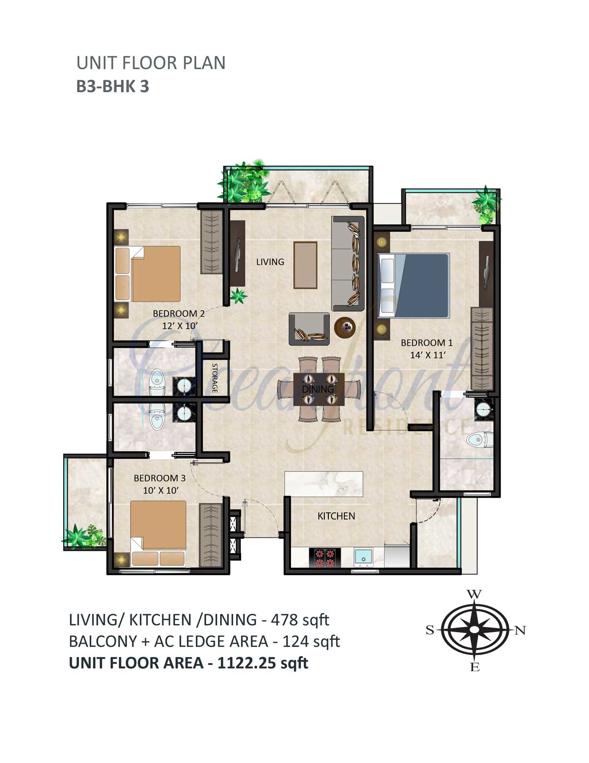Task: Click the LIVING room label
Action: [270, 262]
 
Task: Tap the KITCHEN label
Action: [336, 516]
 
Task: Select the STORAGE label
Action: [214, 378]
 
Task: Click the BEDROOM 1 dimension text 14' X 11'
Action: [428, 355]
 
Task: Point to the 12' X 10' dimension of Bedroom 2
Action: [179, 325]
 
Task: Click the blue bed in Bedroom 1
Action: [414, 286]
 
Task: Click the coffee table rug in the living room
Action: [305, 265]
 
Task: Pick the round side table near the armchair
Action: [345, 328]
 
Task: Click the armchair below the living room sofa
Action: [309, 329]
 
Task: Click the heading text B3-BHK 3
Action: [113, 86]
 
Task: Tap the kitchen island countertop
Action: [323, 483]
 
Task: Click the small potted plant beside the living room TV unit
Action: [239, 295]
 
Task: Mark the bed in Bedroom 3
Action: [158, 533]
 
